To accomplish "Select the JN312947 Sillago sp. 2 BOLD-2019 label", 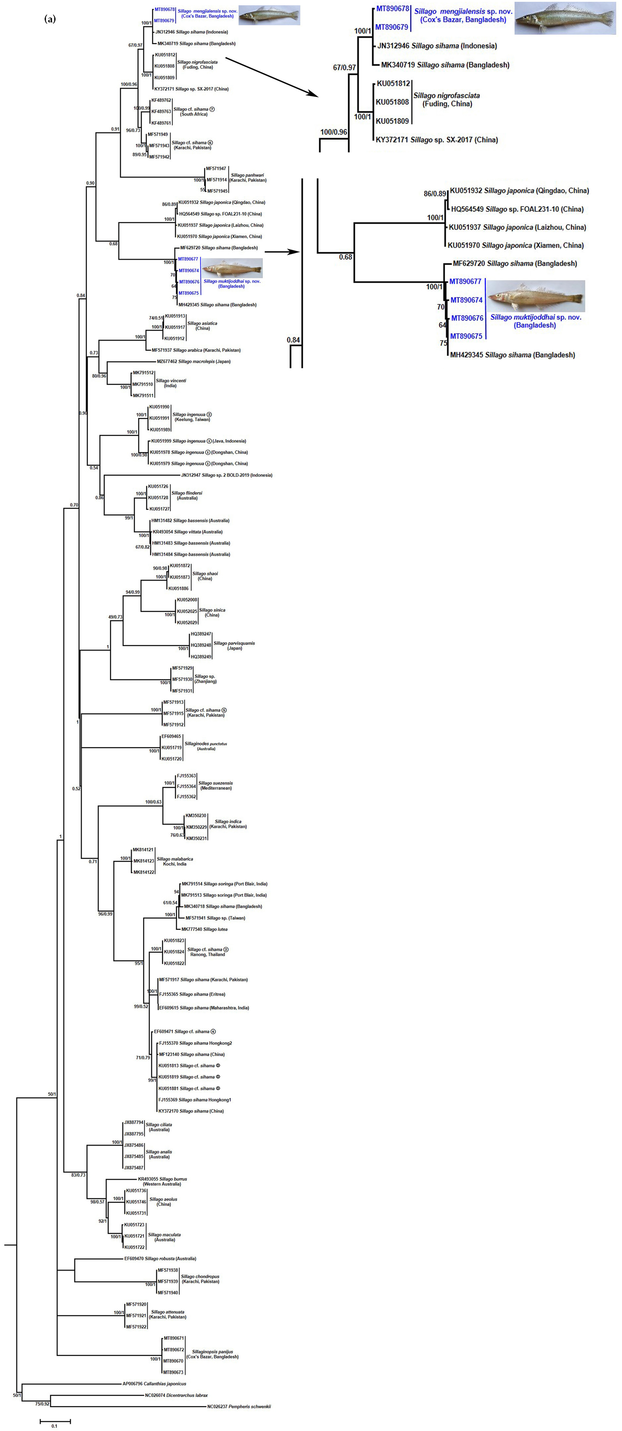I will coord(227,475).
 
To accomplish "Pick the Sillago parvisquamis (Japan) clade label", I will coord(234,645).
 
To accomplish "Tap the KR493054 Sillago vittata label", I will coord(191,532).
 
